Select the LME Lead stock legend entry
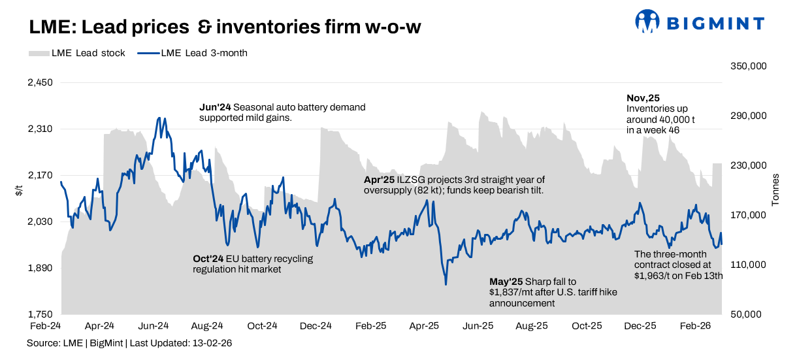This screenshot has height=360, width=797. point(77,54)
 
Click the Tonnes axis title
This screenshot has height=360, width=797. point(775,190)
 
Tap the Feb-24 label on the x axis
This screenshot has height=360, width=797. point(45,325)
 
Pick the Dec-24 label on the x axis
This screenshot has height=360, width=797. point(317,325)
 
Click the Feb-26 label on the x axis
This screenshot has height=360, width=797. point(696,325)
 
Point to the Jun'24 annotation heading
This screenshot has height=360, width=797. point(215,107)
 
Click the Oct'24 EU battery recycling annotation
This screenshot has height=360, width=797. point(253,264)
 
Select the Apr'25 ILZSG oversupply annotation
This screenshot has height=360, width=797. point(454,184)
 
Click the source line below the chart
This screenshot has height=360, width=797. point(129,342)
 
